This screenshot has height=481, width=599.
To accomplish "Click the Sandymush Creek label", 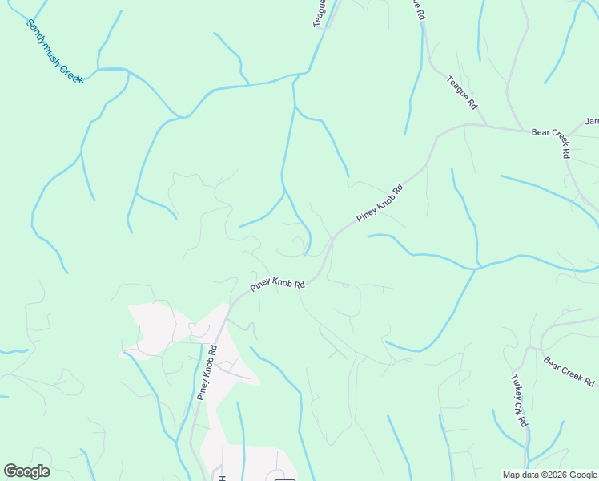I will (54, 51).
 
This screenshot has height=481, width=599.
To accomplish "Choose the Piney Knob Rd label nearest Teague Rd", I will (379, 201).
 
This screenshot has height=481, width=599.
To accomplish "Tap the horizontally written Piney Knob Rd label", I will (278, 285).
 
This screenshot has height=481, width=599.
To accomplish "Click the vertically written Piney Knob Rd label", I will (207, 373).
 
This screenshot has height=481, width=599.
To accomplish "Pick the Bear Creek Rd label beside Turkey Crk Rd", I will (569, 370).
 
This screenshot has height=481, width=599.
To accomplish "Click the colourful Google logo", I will (26, 471).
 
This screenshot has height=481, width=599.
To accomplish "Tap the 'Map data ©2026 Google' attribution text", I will (549, 475).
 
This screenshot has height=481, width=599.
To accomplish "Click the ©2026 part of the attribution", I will (546, 475).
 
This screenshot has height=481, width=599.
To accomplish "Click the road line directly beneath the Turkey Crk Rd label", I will (528, 437).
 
